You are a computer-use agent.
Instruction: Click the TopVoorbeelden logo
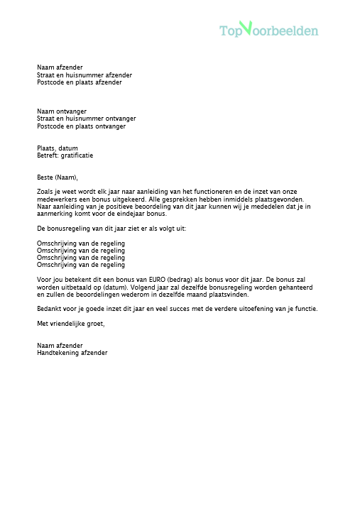(268, 30)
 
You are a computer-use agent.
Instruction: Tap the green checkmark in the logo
(246, 28)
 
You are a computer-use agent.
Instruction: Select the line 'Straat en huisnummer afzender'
(84, 75)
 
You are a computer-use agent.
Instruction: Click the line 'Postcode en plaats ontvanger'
(81, 126)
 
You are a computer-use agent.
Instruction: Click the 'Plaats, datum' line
(57, 148)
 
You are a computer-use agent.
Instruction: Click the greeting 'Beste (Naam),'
(58, 177)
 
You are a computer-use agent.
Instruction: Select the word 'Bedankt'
(49, 309)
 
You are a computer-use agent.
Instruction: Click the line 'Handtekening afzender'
(72, 353)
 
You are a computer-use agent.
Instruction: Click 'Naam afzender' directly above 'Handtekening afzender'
(58, 346)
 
